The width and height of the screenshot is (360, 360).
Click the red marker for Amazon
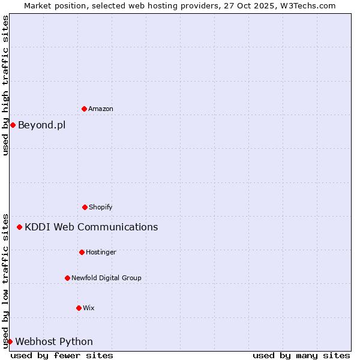pyautogui.click(x=84, y=109)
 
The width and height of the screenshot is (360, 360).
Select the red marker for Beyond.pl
pyautogui.click(x=13, y=125)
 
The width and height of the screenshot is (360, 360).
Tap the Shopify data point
pyautogui.click(x=85, y=207)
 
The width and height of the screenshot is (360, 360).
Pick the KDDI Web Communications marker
pyautogui.click(x=20, y=227)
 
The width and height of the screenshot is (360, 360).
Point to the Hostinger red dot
pyautogui.click(x=82, y=252)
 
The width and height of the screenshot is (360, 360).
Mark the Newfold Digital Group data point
pyautogui.click(x=67, y=278)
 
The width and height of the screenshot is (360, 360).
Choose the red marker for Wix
pyautogui.click(x=79, y=308)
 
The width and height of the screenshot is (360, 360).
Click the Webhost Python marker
pyautogui.click(x=10, y=341)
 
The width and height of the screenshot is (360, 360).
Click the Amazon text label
pyautogui.click(x=101, y=109)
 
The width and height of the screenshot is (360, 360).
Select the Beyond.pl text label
pyautogui.click(x=42, y=125)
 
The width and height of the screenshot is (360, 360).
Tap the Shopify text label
pyautogui.click(x=101, y=207)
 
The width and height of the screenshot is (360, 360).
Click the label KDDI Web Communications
pyautogui.click(x=91, y=227)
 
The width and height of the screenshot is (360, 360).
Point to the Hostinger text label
pyautogui.click(x=101, y=252)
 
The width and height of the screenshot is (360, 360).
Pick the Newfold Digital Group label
pyautogui.click(x=106, y=278)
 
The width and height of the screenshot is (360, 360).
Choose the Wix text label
pyautogui.click(x=89, y=308)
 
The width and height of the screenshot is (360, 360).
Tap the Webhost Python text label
pyautogui.click(x=54, y=341)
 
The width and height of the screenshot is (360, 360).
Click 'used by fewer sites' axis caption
pyautogui.click(x=62, y=355)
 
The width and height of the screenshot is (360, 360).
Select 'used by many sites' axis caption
pyautogui.click(x=301, y=355)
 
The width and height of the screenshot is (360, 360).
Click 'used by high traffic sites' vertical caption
pyautogui.click(x=5, y=85)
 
